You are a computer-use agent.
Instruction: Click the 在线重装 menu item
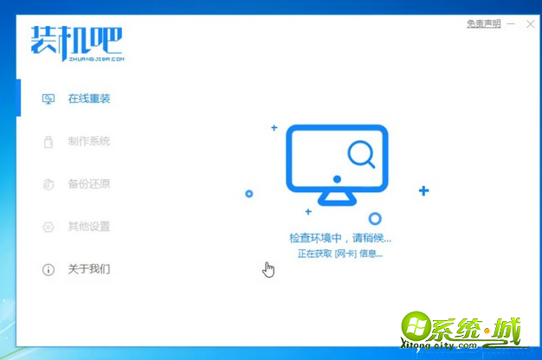(x=88, y=99)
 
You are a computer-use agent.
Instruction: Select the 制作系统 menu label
(x=88, y=141)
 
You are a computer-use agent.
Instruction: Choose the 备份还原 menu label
(x=88, y=183)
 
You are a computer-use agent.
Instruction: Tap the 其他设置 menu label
(x=88, y=227)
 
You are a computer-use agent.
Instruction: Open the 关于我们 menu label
(x=88, y=269)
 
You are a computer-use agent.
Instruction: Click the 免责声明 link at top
(x=483, y=23)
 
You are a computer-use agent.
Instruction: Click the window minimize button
(x=511, y=23)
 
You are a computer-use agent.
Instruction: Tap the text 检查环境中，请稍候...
(x=340, y=237)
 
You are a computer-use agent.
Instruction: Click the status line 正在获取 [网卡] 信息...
(x=339, y=254)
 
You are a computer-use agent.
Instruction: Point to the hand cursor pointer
(x=268, y=270)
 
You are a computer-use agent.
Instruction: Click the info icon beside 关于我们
(x=48, y=270)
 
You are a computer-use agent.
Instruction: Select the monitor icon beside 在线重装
(x=48, y=100)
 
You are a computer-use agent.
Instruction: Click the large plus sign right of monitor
(x=423, y=190)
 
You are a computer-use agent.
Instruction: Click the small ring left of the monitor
(x=249, y=194)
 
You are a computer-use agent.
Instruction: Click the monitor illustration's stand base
(x=337, y=200)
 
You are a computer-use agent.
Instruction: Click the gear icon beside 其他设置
(x=48, y=227)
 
